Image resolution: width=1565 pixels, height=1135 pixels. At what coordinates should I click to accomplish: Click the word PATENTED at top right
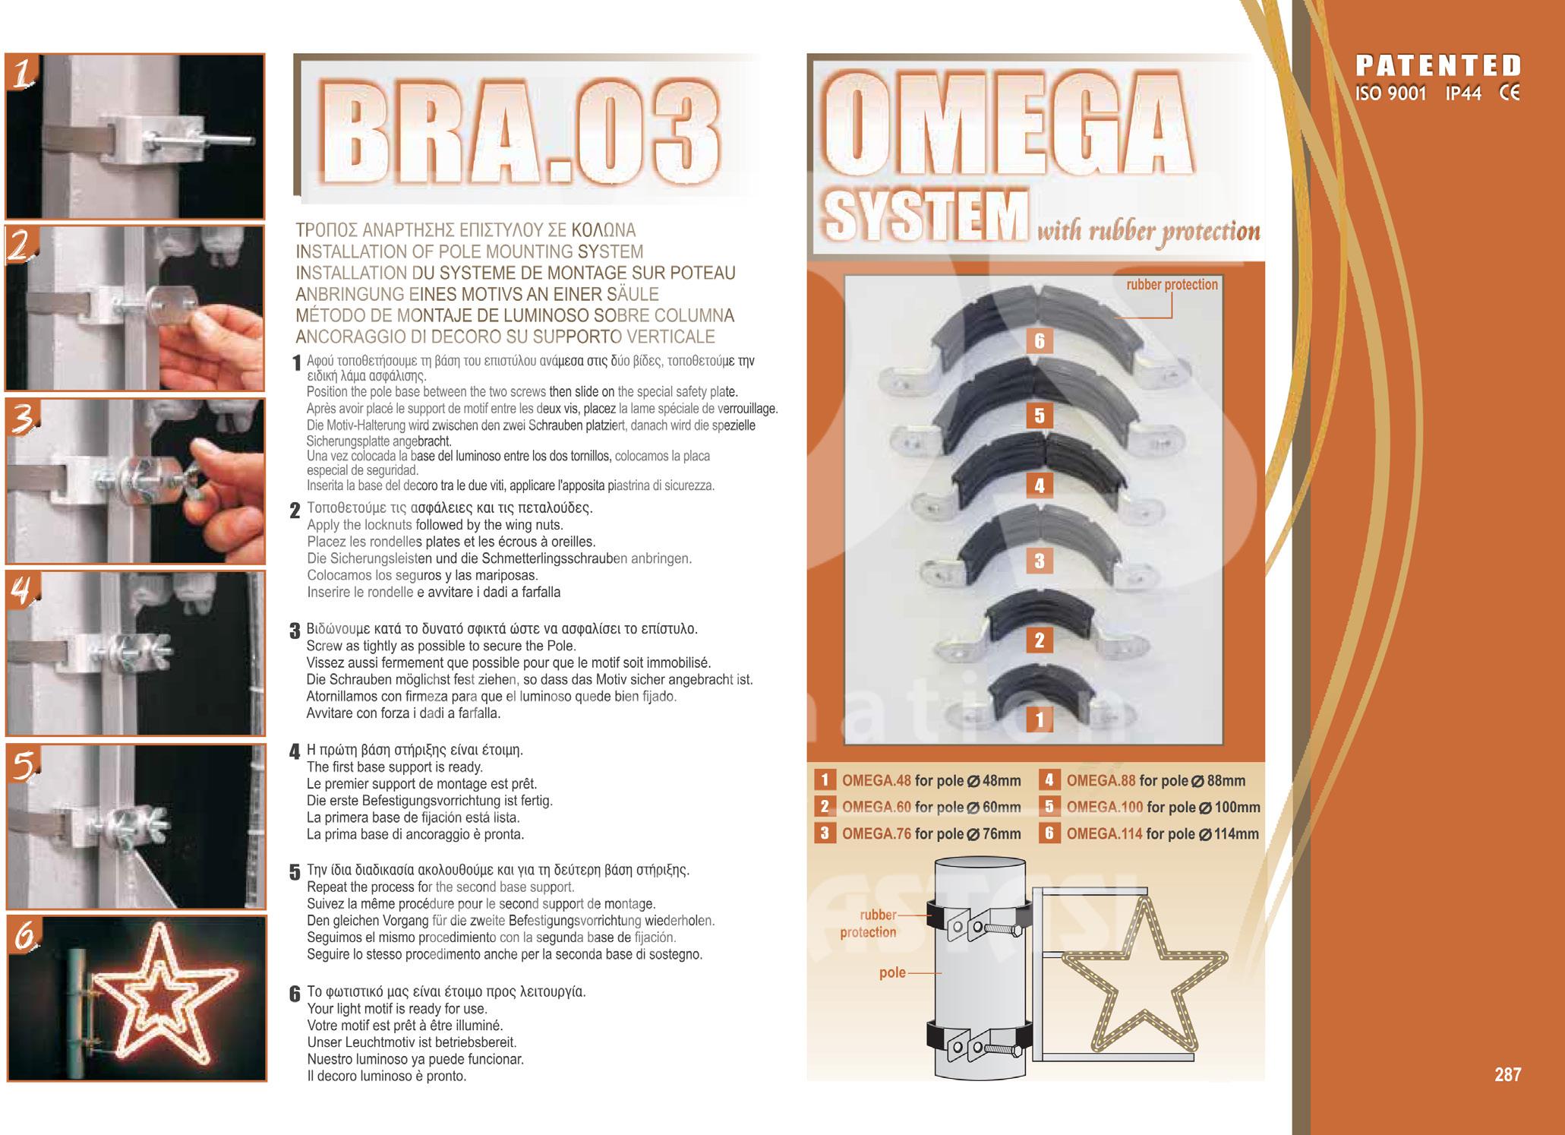[1439, 65]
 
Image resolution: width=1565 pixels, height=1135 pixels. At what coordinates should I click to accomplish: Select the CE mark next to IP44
[1510, 94]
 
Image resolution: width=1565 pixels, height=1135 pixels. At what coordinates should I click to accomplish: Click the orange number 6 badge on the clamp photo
[1040, 341]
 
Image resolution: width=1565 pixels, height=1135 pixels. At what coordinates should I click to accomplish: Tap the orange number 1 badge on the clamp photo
[1040, 719]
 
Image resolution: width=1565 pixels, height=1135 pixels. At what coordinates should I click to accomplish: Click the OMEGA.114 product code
[1104, 833]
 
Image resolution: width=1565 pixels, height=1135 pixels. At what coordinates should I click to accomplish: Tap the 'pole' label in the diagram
[892, 972]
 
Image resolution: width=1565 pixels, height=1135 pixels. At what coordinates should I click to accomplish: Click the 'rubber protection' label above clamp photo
[1172, 285]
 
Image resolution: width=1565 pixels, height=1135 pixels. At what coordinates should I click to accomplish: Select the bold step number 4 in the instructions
[295, 753]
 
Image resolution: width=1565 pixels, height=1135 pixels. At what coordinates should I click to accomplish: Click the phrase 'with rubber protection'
[1148, 231]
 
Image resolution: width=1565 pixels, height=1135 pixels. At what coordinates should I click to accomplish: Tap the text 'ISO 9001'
[1391, 94]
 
